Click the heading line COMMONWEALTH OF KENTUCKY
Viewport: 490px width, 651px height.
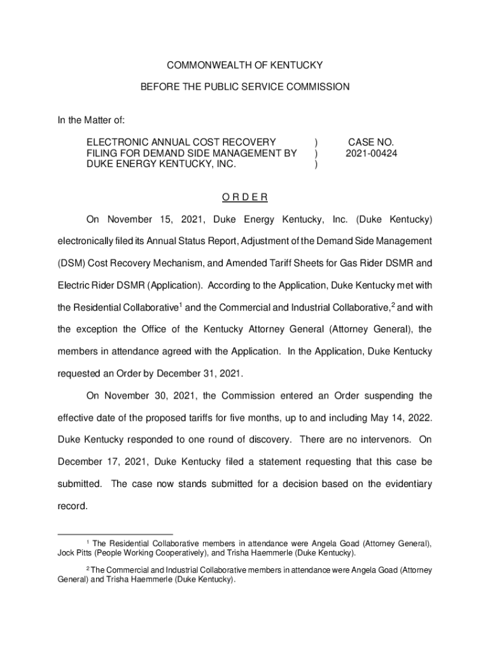245,65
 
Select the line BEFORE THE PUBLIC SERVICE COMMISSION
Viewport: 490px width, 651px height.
245,87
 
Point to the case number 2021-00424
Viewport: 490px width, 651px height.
372,153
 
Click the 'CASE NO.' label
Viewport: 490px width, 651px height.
371,142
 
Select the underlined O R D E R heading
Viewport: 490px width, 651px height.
245,197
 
